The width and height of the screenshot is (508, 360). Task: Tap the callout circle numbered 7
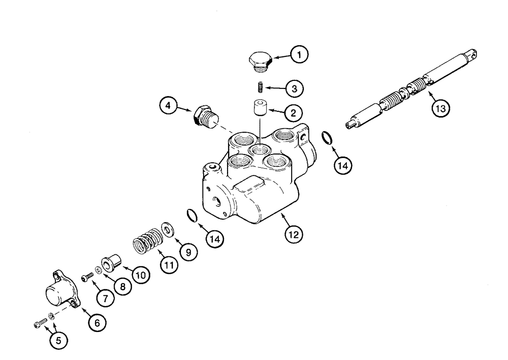tap(106, 298)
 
